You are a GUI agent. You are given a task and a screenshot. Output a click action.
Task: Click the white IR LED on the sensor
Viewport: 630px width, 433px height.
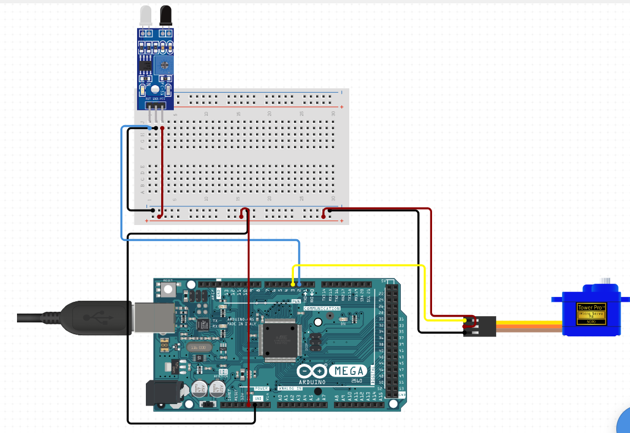pos(145,15)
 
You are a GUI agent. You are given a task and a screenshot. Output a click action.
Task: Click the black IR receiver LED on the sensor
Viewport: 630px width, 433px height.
pos(165,15)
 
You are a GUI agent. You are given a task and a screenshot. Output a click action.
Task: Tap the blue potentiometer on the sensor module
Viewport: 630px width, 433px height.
pos(163,65)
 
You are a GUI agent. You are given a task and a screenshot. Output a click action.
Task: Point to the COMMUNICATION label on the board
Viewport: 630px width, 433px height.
pos(322,309)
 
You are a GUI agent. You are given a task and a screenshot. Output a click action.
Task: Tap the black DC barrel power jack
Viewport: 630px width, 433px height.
pos(159,394)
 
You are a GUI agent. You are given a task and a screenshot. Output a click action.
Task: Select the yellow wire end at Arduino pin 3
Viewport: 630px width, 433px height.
pos(293,284)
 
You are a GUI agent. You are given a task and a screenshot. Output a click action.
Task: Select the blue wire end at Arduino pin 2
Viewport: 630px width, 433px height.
pos(299,284)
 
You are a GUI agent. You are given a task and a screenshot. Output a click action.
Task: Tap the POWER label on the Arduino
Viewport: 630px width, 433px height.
pos(262,388)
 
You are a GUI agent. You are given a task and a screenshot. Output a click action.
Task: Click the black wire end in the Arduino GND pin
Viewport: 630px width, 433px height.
pos(255,405)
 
